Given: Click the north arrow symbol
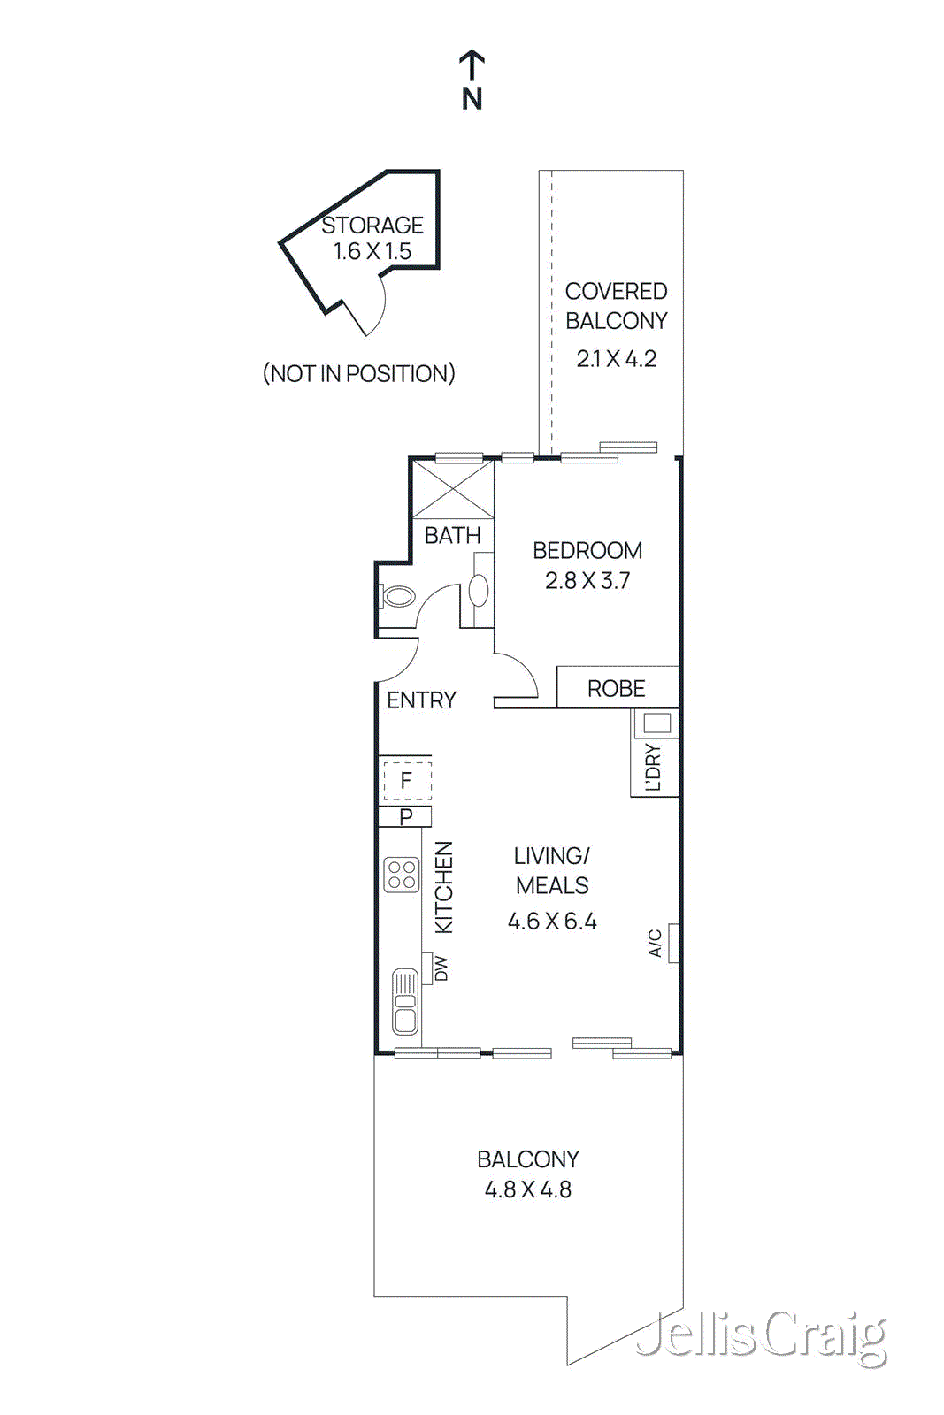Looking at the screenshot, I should tap(472, 68).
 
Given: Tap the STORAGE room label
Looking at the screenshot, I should tap(372, 226).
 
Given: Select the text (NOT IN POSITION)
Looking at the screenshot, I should tap(358, 373).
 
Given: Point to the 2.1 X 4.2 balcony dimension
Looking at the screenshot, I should tap(616, 358).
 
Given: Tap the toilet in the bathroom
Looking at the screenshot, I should tap(397, 596).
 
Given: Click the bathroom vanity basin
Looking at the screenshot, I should tap(479, 591).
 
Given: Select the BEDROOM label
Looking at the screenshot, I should tap(587, 550).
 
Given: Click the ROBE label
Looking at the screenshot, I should tap(616, 688).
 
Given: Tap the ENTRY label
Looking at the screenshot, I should tap(421, 700).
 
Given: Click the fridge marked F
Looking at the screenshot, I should tap(406, 780).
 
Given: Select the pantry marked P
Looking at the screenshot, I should tap(406, 816).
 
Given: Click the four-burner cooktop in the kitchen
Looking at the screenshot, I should tap(402, 875).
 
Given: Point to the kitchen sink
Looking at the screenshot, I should tap(405, 1001).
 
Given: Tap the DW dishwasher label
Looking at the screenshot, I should tap(441, 968).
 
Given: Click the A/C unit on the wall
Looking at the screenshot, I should tap(672, 943).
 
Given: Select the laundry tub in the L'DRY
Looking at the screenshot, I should tap(656, 723).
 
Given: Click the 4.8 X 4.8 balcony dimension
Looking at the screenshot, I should tap(527, 1189).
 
